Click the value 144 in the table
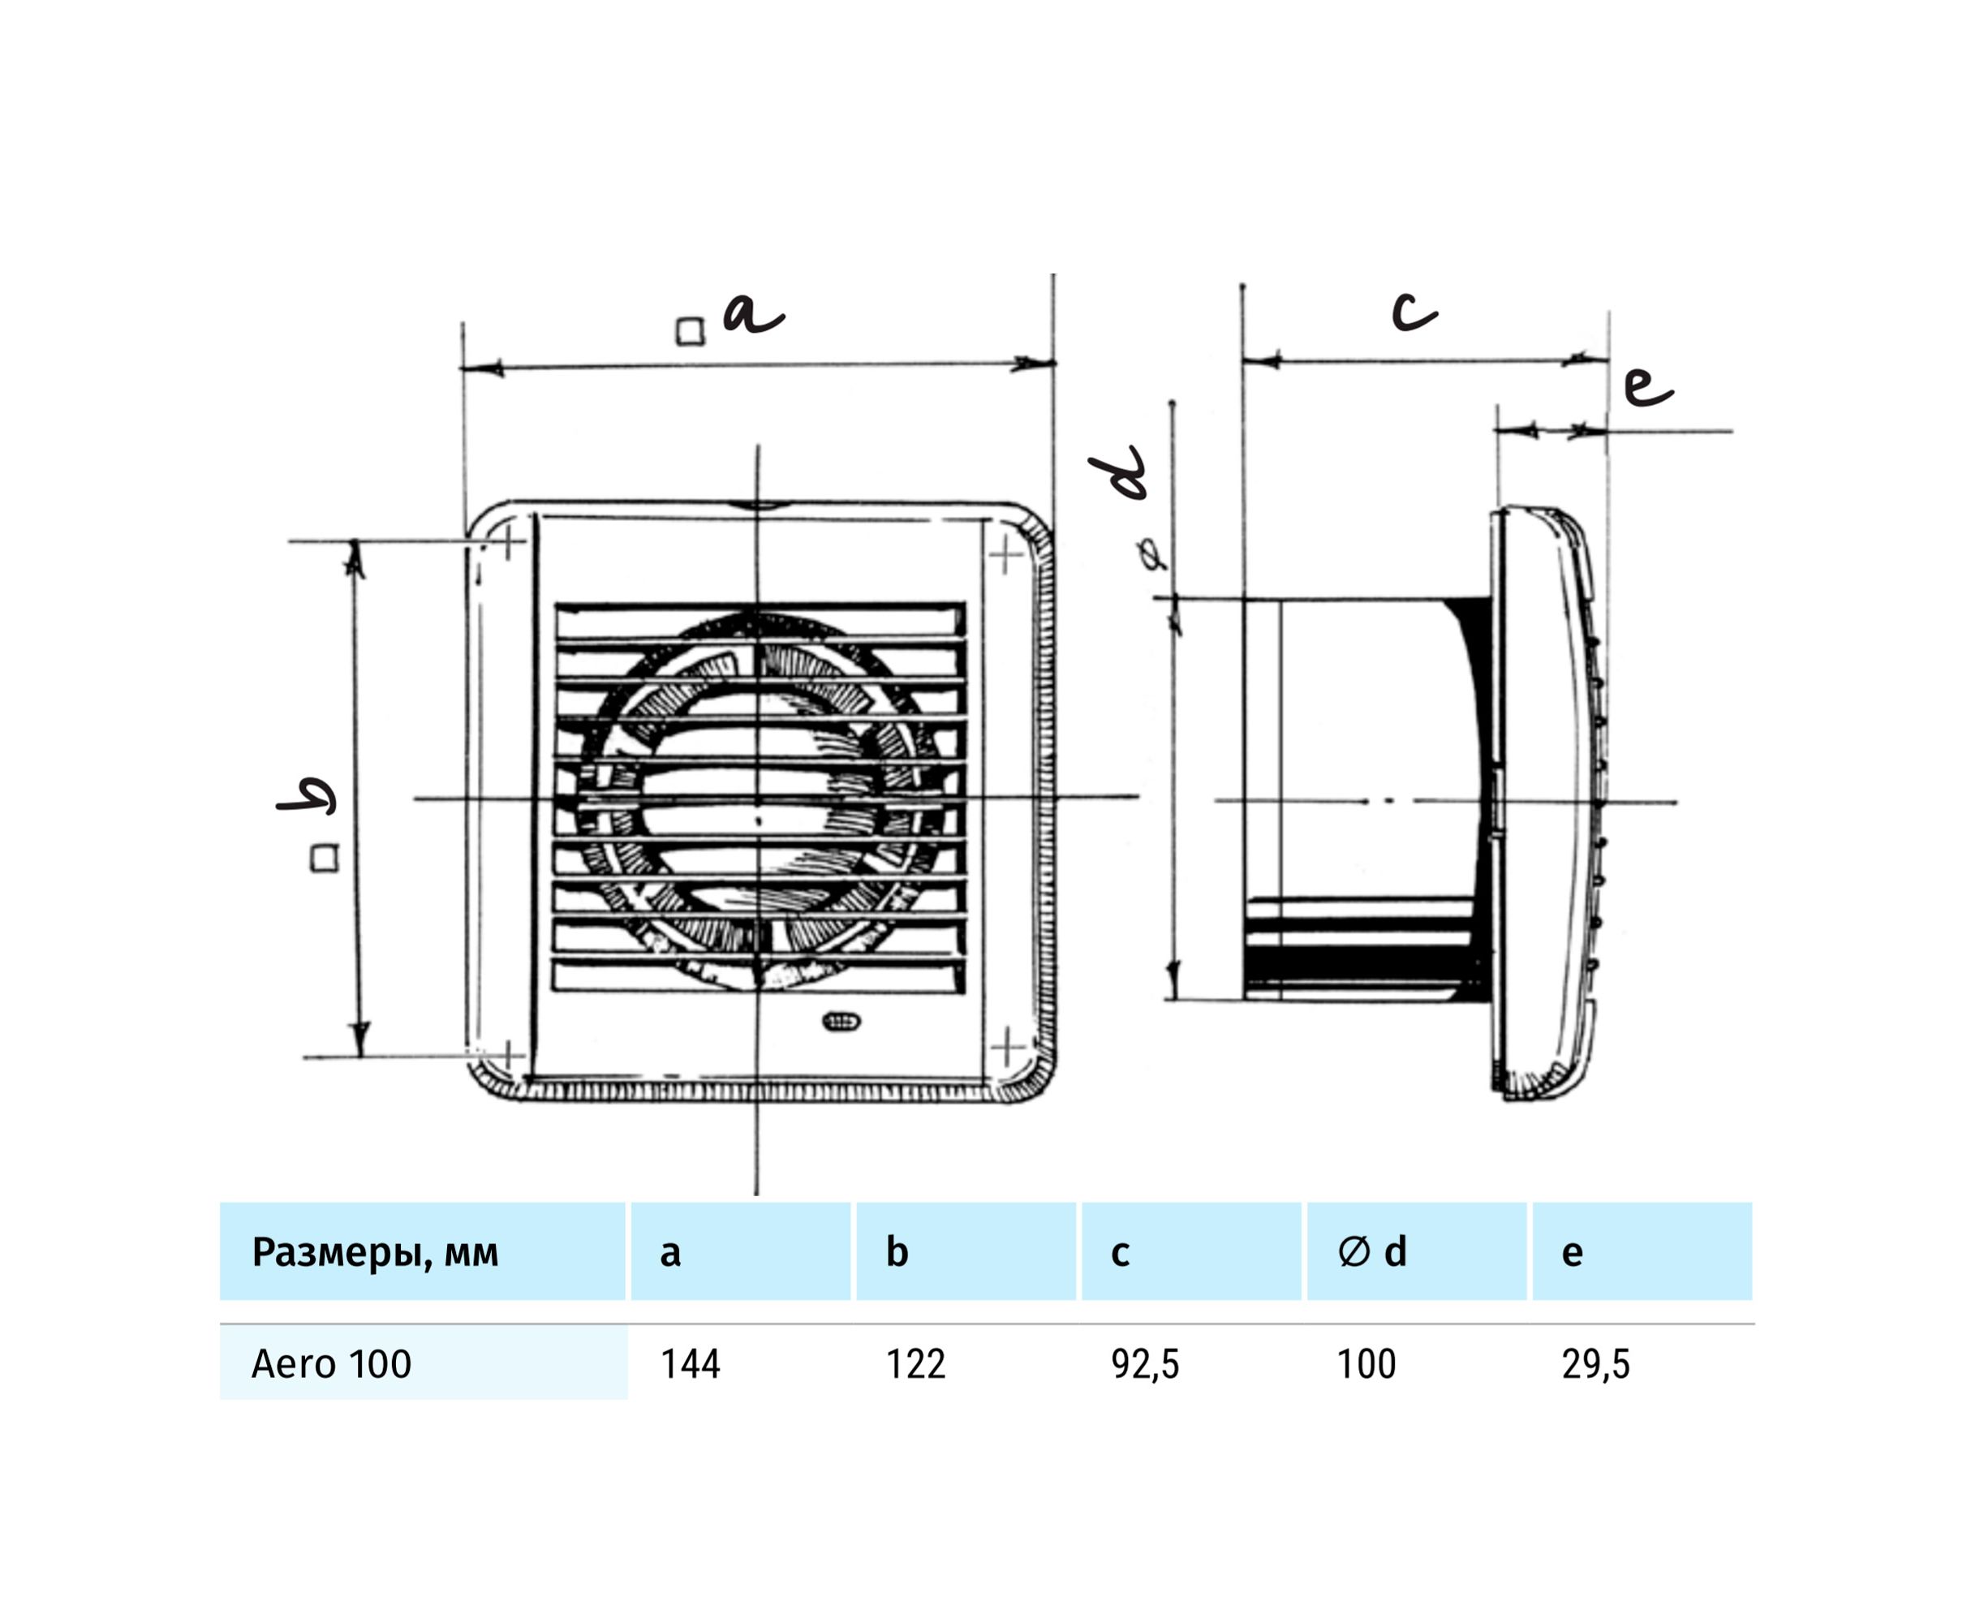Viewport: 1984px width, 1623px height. click(x=690, y=1364)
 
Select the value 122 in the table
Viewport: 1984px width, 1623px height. click(x=915, y=1364)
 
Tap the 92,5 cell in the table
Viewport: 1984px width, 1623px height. click(x=1144, y=1365)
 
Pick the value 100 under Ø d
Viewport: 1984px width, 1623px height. click(x=1366, y=1364)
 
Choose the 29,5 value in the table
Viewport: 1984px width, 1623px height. click(x=1595, y=1365)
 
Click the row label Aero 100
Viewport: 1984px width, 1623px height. click(x=331, y=1364)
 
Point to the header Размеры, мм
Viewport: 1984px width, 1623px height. click(x=375, y=1252)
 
